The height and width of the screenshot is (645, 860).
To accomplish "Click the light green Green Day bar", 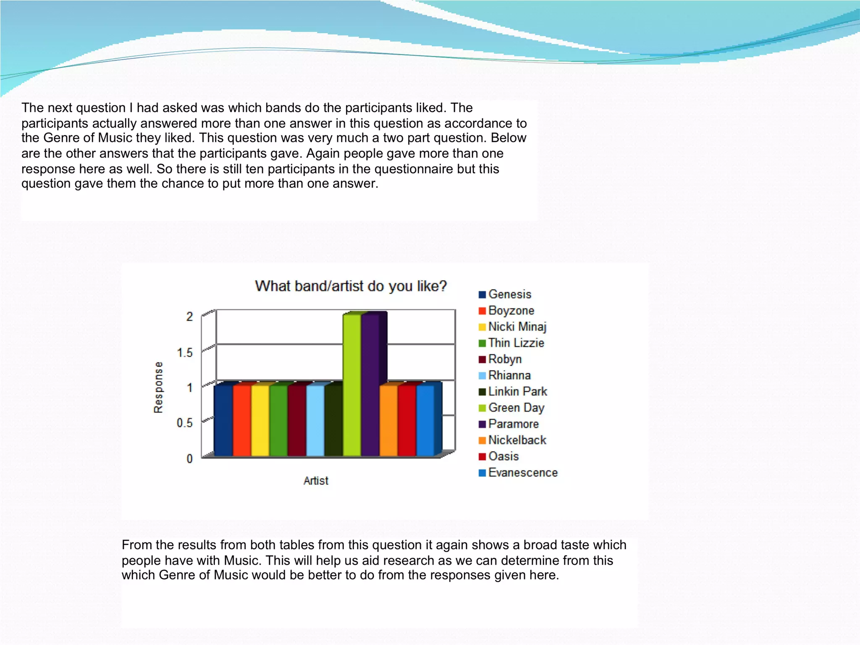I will coord(352,385).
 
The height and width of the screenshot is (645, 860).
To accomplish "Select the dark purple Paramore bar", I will coord(370,385).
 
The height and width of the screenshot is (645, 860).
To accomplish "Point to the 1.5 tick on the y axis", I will coord(185,352).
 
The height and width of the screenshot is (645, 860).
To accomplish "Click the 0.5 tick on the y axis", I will coord(185,423).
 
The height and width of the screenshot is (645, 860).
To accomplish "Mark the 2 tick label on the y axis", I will coord(189,317).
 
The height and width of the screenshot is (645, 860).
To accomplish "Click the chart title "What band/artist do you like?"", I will coord(351,286).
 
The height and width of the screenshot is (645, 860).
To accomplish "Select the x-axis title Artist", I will coord(316,481).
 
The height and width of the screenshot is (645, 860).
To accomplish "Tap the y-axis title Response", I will coord(158,387).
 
